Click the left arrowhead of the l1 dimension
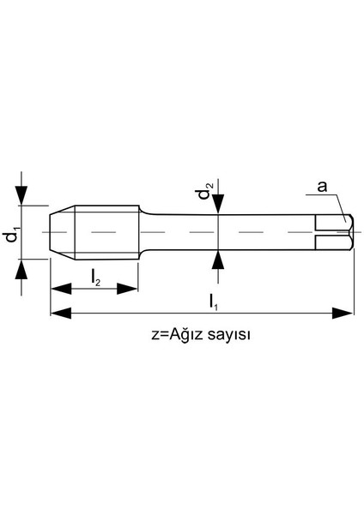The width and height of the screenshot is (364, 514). [57, 314]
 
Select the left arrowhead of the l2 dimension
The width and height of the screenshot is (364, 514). [57, 289]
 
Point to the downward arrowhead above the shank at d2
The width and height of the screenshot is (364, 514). [220, 204]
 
